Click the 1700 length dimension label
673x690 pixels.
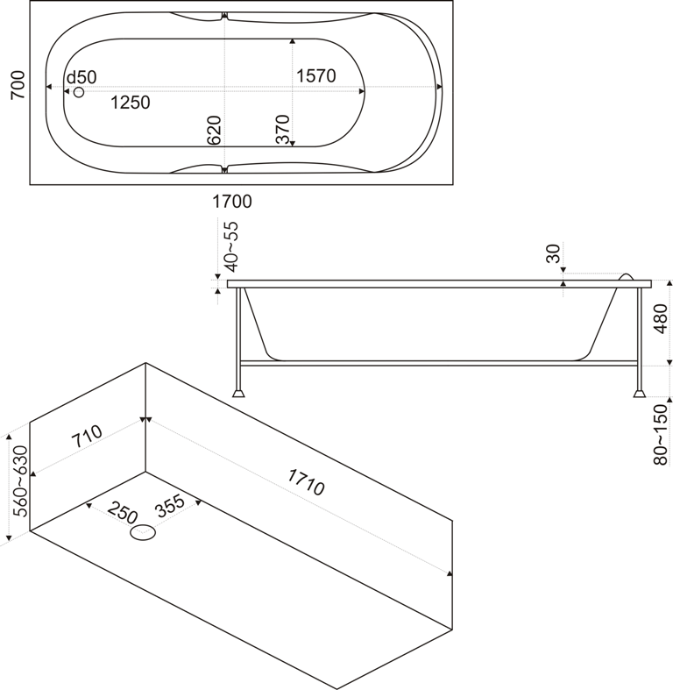coord(232,202)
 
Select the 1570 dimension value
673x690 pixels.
coord(316,75)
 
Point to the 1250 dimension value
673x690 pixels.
coord(130,103)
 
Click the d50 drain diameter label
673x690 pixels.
coord(81,77)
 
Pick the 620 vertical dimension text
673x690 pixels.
coord(214,130)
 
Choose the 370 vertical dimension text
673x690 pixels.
coord(281,130)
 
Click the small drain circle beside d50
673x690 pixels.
coord(78,92)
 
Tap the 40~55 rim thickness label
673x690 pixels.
coord(230,245)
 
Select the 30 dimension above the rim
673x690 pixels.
coord(552,253)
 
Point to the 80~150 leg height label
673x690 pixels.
coord(661,434)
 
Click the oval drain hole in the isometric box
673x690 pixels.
coord(142,532)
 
